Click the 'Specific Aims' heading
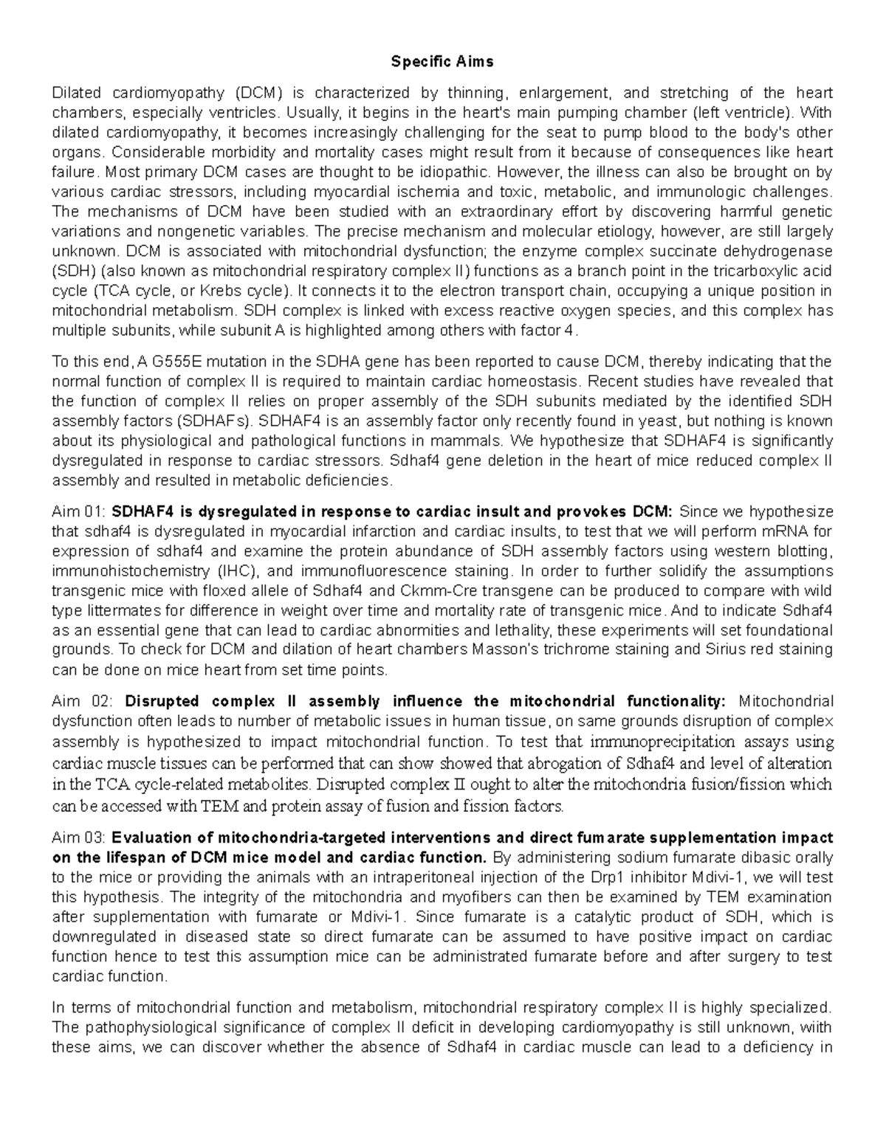point(442,62)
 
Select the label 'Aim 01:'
point(80,512)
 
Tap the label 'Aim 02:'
point(80,701)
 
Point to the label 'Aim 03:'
point(80,838)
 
